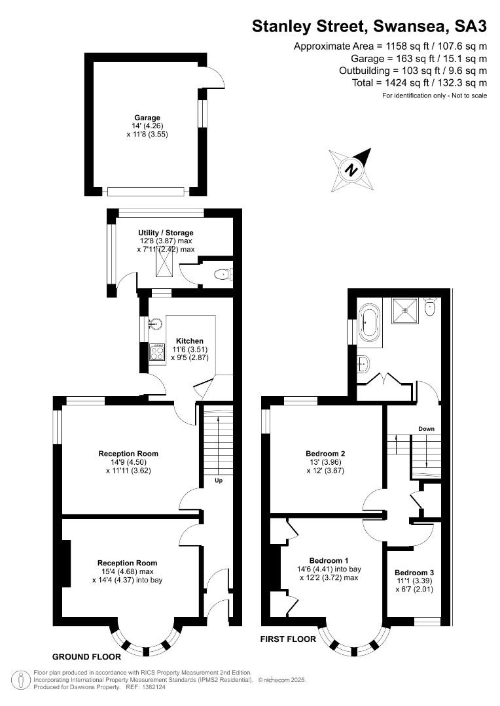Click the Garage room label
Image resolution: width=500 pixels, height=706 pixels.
click(x=147, y=118)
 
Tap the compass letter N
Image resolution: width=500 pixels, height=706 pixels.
click(x=351, y=170)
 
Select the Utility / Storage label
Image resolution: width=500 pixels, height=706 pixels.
click(x=166, y=233)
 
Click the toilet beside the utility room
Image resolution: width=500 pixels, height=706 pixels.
click(x=223, y=274)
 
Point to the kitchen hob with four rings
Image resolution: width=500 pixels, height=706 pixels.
click(x=157, y=352)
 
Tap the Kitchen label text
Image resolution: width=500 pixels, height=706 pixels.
click(x=190, y=341)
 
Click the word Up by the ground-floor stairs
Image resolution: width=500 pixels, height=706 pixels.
click(x=219, y=480)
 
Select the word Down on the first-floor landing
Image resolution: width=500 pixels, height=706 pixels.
click(x=426, y=429)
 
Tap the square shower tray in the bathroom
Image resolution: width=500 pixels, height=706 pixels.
click(x=404, y=311)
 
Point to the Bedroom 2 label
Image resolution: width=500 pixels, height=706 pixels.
click(x=325, y=454)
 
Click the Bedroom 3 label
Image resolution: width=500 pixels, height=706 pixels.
click(x=414, y=573)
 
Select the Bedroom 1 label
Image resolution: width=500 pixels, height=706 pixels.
click(x=329, y=561)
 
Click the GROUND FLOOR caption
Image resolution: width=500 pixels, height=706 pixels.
click(x=86, y=657)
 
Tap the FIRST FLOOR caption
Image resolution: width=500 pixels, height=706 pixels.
click(x=288, y=639)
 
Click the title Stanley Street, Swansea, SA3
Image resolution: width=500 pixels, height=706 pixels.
click(x=369, y=26)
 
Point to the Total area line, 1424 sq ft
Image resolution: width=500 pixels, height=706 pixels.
click(x=420, y=83)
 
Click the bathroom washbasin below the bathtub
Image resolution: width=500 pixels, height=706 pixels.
click(x=364, y=363)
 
